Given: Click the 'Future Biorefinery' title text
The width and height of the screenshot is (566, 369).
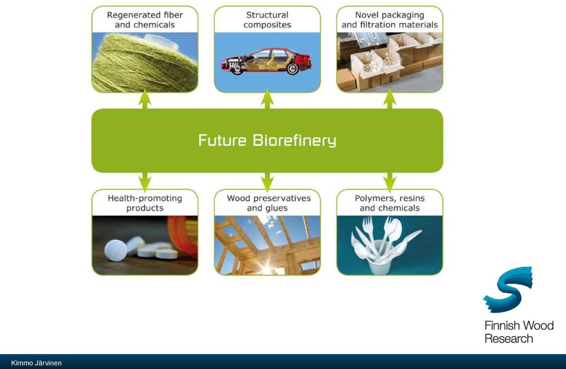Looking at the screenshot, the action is click(267, 140).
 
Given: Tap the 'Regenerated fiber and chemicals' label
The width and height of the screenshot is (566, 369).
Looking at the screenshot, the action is click(145, 20).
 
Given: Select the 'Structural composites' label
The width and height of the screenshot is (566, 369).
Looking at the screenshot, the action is click(267, 20).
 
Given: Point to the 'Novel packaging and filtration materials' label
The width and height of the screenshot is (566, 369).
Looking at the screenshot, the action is click(390, 20).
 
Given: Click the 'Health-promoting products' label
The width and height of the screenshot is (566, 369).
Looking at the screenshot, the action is click(145, 203).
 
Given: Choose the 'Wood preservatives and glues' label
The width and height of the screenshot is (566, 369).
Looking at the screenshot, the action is click(269, 203).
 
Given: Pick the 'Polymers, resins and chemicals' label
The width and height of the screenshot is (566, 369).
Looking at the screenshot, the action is click(390, 203).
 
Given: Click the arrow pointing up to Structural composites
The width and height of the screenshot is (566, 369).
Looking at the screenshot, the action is click(267, 99).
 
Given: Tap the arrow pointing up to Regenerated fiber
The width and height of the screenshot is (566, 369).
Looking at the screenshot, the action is click(145, 99).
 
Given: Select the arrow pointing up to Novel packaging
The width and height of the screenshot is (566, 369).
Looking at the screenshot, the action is click(390, 99).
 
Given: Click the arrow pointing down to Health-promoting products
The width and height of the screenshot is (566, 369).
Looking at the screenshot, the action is click(145, 182).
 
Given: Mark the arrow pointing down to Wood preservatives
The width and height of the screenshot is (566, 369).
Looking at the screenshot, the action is click(267, 182).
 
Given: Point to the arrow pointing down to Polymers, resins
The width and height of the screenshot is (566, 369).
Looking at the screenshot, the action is click(390, 182).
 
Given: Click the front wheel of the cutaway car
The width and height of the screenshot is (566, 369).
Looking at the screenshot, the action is click(237, 69).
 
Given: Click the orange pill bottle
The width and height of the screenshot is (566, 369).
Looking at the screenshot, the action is click(183, 235).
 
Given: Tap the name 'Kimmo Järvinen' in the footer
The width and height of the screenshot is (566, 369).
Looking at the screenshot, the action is click(37, 363).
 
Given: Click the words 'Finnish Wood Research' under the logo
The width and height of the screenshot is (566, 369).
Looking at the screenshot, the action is click(519, 332).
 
